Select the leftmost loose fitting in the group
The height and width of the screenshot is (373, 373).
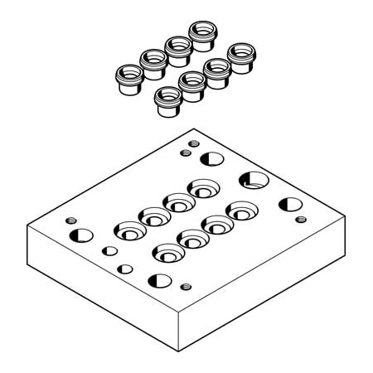128,79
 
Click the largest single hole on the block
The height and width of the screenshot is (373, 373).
254,179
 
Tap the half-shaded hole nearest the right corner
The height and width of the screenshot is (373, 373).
290,204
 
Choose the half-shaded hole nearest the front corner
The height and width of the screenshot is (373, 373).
158,280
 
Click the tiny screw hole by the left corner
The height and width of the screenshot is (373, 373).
72,221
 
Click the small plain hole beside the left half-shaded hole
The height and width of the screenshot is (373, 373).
109,250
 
